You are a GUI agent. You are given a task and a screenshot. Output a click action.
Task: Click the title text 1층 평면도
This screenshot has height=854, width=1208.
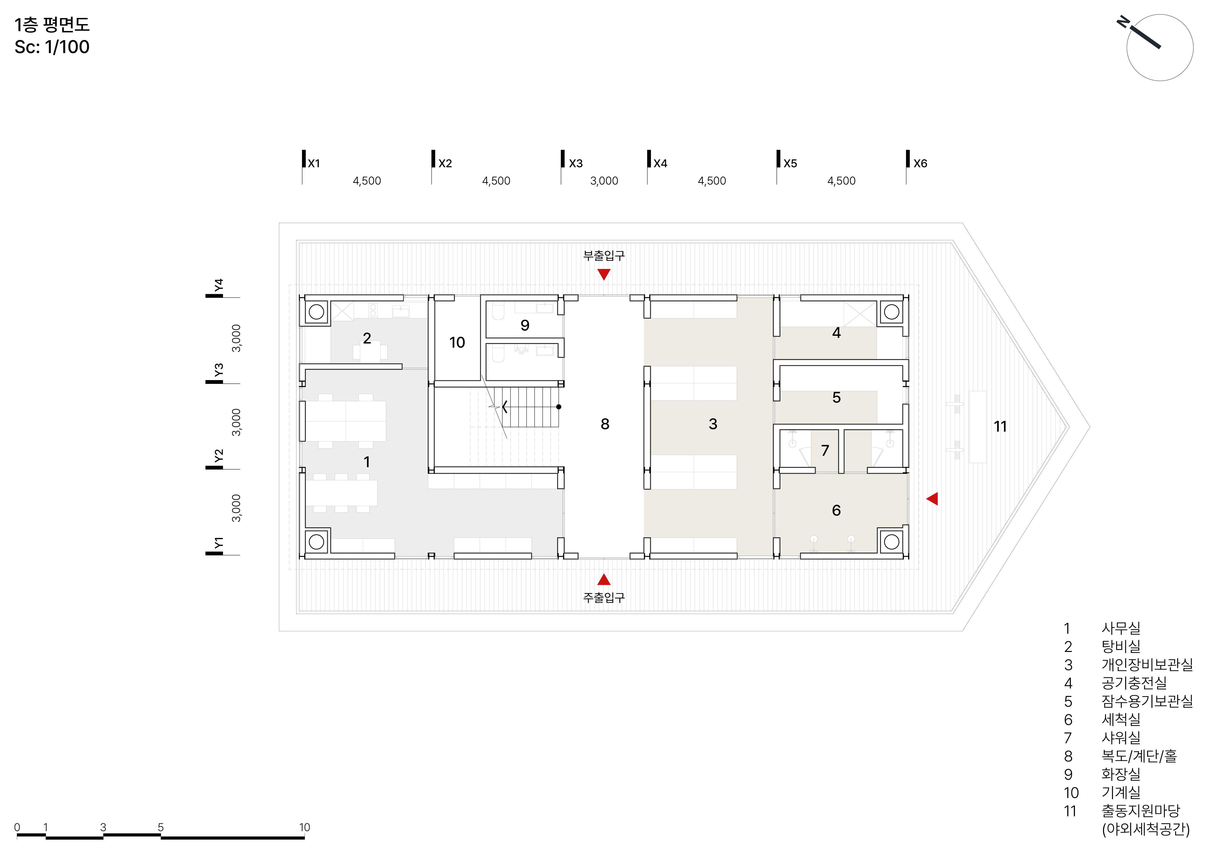point(52,25)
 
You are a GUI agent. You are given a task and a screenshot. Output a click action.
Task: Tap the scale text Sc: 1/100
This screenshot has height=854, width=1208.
point(52,47)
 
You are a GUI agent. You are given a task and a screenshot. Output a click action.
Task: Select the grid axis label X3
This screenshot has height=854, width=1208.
point(576,164)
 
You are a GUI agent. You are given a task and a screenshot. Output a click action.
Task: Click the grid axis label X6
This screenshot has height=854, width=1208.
point(920,164)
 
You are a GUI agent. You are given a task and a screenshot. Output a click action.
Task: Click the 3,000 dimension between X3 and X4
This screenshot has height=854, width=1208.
point(604,181)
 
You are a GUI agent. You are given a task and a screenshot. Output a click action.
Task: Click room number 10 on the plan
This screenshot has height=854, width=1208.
point(457,342)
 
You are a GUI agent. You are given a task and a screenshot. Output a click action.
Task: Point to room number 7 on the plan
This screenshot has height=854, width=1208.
point(825,450)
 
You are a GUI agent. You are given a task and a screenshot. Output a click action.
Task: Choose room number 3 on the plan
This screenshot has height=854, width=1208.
point(713,424)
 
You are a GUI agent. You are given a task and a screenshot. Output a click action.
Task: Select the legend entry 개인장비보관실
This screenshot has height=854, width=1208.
point(1147,665)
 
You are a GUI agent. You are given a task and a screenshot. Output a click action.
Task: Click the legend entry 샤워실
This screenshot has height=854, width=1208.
point(1121,738)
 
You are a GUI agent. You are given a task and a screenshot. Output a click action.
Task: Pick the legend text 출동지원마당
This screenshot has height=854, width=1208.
point(1141,811)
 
